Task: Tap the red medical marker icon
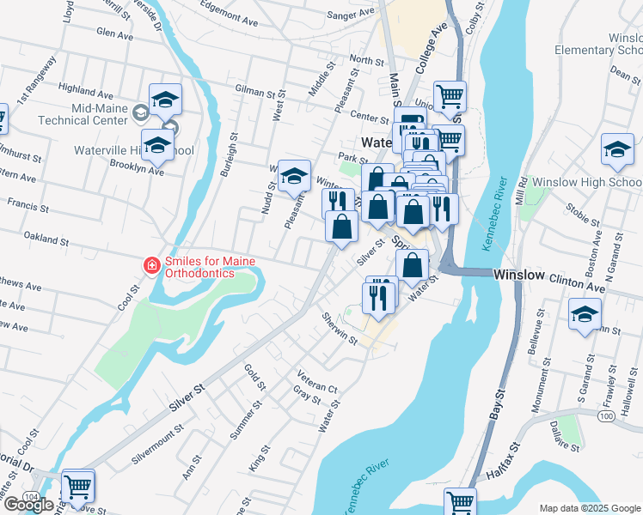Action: click(x=151, y=266)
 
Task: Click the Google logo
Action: click(x=28, y=505)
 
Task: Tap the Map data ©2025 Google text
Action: click(x=589, y=508)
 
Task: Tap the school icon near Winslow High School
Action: click(x=617, y=149)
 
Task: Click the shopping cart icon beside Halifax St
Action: click(x=462, y=502)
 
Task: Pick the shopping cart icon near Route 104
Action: click(x=78, y=485)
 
